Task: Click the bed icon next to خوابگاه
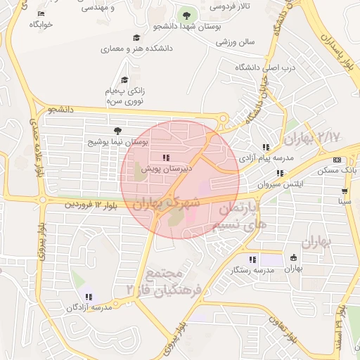(41, 13)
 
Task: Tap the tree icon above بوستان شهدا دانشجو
(187, 15)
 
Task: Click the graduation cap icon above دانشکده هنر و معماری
(136, 38)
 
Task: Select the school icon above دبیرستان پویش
(166, 157)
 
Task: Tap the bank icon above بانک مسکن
(337, 160)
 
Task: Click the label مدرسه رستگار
(253, 271)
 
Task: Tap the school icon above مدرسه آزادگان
(89, 297)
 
